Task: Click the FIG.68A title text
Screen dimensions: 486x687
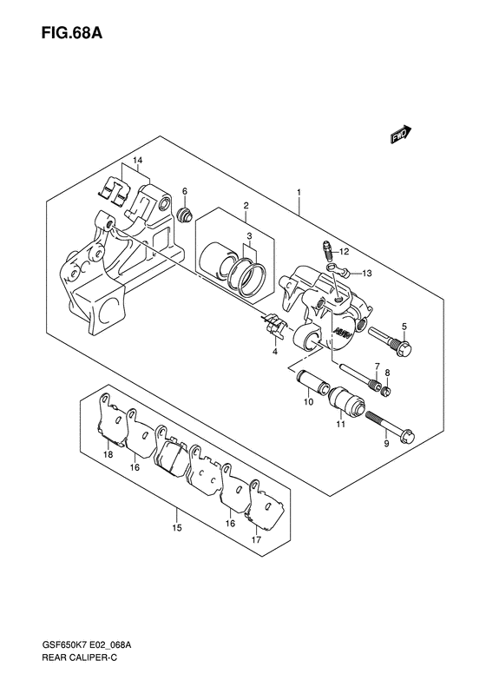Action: (x=72, y=33)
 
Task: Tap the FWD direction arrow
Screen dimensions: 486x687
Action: (x=402, y=135)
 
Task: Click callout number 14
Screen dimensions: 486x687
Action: (x=137, y=162)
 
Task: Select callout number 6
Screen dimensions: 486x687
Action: (x=185, y=191)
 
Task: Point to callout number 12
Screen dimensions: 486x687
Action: (x=344, y=252)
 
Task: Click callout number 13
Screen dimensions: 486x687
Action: (x=367, y=274)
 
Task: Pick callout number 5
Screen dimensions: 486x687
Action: (x=404, y=326)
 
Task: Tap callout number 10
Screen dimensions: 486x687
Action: (x=309, y=402)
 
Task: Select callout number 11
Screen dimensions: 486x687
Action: (x=341, y=424)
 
